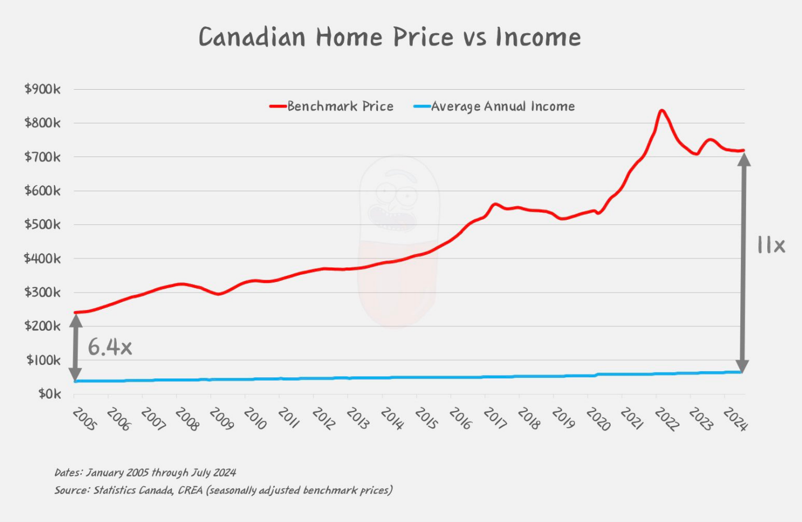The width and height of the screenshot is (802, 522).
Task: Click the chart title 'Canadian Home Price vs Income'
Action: (x=390, y=37)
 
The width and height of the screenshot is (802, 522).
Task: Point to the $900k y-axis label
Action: (x=43, y=89)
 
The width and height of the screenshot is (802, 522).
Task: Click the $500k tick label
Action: (x=43, y=224)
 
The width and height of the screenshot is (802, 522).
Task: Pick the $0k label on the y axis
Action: (x=50, y=394)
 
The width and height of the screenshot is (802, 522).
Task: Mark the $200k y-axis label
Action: (x=43, y=326)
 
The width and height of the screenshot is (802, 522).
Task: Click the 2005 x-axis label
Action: (x=85, y=419)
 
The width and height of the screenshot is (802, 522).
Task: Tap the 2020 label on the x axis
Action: (x=598, y=419)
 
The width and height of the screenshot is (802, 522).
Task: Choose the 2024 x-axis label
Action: (x=735, y=419)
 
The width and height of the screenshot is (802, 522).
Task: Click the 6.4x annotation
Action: (x=110, y=347)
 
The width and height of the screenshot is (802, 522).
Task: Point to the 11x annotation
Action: (x=771, y=245)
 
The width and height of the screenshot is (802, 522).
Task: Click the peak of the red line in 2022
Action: (x=662, y=110)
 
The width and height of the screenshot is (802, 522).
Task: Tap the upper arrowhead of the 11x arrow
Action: (x=744, y=159)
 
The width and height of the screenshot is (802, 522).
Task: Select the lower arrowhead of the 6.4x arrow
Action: (x=75, y=375)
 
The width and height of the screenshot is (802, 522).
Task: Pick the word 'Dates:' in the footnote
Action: (x=68, y=472)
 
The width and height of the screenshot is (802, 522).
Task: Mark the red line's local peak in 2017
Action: (x=495, y=204)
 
